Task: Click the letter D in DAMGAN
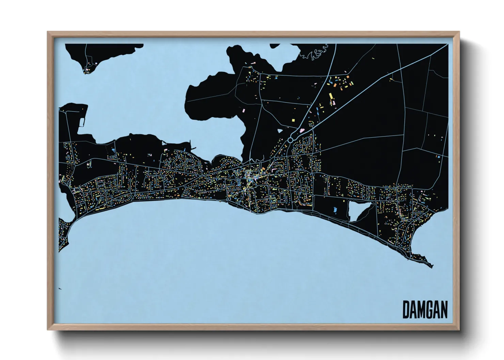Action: (x=406, y=310)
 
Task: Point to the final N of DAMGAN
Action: (x=443, y=310)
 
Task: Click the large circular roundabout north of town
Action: (x=290, y=140)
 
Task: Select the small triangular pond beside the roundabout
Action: (x=280, y=130)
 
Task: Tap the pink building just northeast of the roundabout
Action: (x=301, y=130)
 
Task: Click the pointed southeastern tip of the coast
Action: (x=431, y=266)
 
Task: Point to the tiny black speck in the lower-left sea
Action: (x=60, y=289)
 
